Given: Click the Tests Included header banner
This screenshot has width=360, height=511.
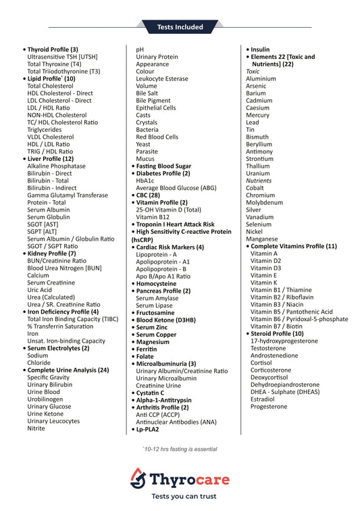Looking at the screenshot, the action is pyautogui.click(x=180, y=27).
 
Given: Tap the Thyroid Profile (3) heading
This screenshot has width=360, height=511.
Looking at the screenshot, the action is pyautogui.click(x=52, y=49).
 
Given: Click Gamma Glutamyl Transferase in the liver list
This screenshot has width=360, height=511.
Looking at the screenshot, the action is pyautogui.click(x=67, y=195).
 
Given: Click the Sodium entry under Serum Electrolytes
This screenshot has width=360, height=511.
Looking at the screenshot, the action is pyautogui.click(x=38, y=355).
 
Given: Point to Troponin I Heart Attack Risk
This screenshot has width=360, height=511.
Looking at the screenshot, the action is pyautogui.click(x=174, y=224).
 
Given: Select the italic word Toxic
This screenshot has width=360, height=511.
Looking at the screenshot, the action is pyautogui.click(x=253, y=72).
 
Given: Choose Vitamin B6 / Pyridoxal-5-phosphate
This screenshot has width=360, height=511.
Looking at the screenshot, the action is pyautogui.click(x=299, y=318).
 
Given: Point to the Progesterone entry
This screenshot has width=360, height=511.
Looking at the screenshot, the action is pyautogui.click(x=269, y=406).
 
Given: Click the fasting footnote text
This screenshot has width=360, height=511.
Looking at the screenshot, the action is pyautogui.click(x=180, y=449).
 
